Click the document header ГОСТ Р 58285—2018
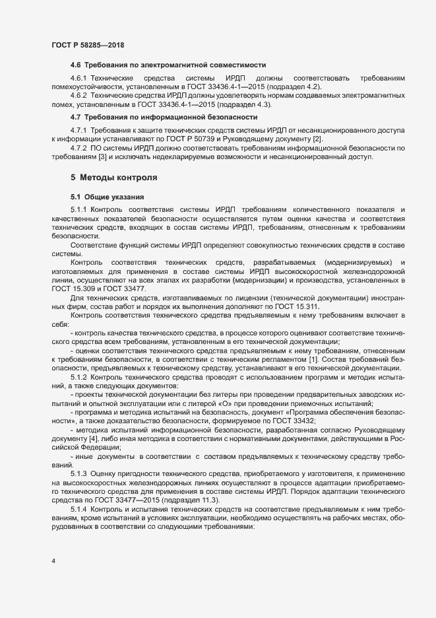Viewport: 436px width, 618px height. point(88,45)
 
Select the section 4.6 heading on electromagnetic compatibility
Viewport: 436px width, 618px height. point(168,65)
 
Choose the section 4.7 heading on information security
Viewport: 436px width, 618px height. point(164,117)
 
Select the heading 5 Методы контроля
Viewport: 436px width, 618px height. point(113,178)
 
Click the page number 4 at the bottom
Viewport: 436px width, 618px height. point(53,561)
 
